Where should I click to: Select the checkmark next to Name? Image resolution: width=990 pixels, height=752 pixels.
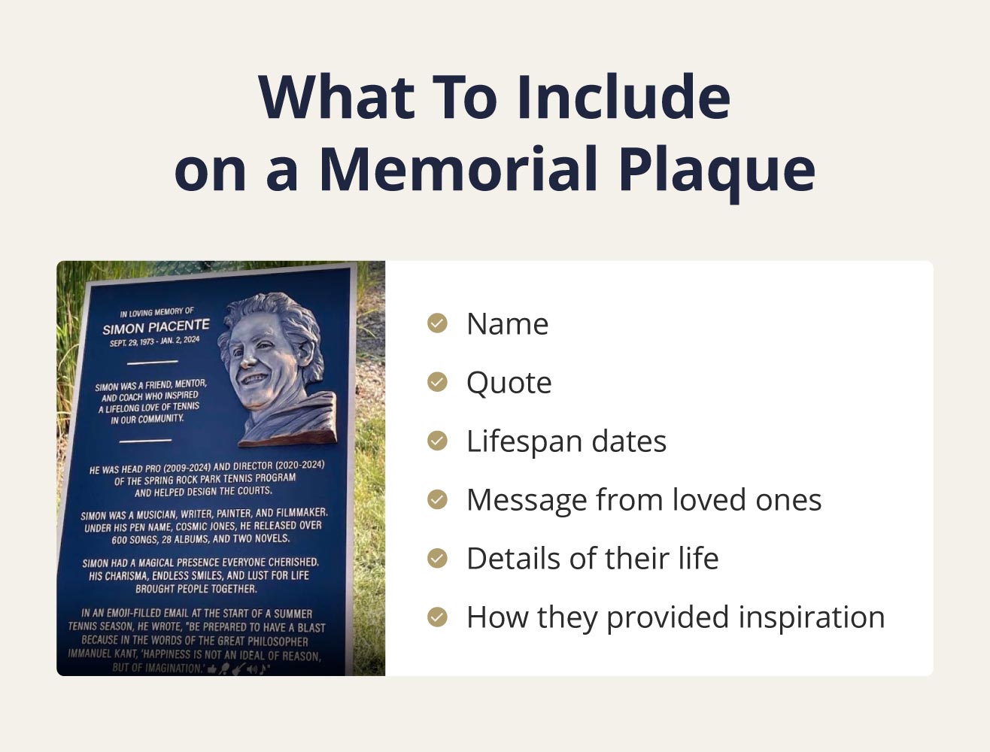(437, 323)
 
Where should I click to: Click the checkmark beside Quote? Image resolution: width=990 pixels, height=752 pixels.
(437, 382)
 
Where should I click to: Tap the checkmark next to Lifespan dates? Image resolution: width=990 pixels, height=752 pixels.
(437, 441)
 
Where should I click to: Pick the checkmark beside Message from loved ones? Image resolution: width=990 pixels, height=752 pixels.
(437, 499)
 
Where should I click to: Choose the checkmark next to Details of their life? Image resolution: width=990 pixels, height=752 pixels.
(437, 558)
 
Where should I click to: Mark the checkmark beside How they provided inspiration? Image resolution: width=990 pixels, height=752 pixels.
(437, 617)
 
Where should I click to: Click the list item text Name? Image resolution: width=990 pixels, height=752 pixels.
(507, 324)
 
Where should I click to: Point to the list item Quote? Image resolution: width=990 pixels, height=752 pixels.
(509, 383)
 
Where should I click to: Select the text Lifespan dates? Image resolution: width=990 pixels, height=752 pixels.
(566, 441)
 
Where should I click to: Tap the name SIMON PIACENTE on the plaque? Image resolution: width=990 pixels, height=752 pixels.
(156, 327)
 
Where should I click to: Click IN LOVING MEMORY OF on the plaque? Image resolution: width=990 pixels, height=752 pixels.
(156, 312)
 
